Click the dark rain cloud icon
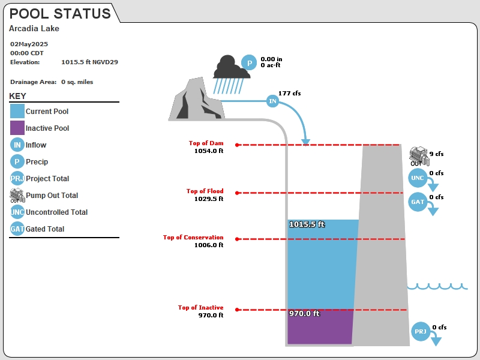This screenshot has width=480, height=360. point(231,67)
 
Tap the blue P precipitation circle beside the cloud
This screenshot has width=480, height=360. point(249,62)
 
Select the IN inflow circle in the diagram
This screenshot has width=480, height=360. point(272,101)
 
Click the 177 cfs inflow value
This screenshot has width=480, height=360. point(289,93)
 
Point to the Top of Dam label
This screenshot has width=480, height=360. point(206,143)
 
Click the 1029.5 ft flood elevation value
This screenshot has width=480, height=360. point(209,199)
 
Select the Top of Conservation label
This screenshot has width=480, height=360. point(193,237)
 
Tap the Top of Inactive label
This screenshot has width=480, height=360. point(201,307)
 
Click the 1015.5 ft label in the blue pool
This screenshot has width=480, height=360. point(307,224)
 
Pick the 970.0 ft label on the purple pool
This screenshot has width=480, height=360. point(304,313)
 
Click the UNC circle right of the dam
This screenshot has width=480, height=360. point(418,178)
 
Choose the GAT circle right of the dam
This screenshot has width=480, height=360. point(418,202)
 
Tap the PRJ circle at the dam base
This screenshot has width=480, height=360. point(421,331)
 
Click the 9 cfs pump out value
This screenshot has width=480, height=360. point(436,154)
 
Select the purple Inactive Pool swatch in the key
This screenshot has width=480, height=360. point(17,128)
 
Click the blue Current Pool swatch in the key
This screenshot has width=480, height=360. point(17,111)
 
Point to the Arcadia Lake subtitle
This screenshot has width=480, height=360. point(34,28)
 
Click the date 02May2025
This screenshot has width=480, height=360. point(29,44)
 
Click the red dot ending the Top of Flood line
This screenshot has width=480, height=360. point(237,193)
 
